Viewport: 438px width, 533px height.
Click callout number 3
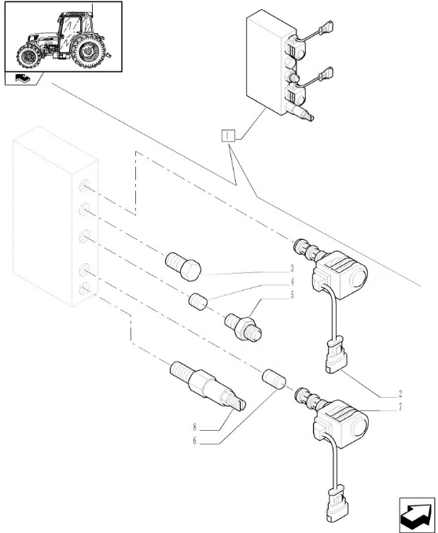pyautogui.click(x=292, y=269)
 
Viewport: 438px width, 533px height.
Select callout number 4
pyautogui.click(x=292, y=281)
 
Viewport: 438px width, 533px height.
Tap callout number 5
pyautogui.click(x=292, y=295)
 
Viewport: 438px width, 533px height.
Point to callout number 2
pyautogui.click(x=400, y=394)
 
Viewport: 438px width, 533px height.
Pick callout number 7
pyautogui.click(x=400, y=406)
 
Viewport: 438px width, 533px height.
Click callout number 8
pyautogui.click(x=195, y=427)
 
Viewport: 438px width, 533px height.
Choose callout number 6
pyautogui.click(x=195, y=441)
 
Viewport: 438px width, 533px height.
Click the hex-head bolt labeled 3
pyautogui.click(x=183, y=266)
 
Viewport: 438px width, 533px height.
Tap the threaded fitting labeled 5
pyautogui.click(x=243, y=328)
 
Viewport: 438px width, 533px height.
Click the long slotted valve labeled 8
pyautogui.click(x=208, y=386)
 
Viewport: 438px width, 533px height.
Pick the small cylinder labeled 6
pyautogui.click(x=274, y=379)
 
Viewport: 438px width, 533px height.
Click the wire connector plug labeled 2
pyautogui.click(x=336, y=355)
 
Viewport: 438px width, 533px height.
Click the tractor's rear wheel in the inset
pyautogui.click(x=88, y=51)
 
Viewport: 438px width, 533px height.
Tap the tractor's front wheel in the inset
pyautogui.click(x=29, y=56)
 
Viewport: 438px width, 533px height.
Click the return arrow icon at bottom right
pyautogui.click(x=417, y=515)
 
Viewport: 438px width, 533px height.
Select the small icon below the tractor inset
pyautogui.click(x=23, y=79)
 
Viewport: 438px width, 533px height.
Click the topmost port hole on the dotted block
pyautogui.click(x=84, y=186)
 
